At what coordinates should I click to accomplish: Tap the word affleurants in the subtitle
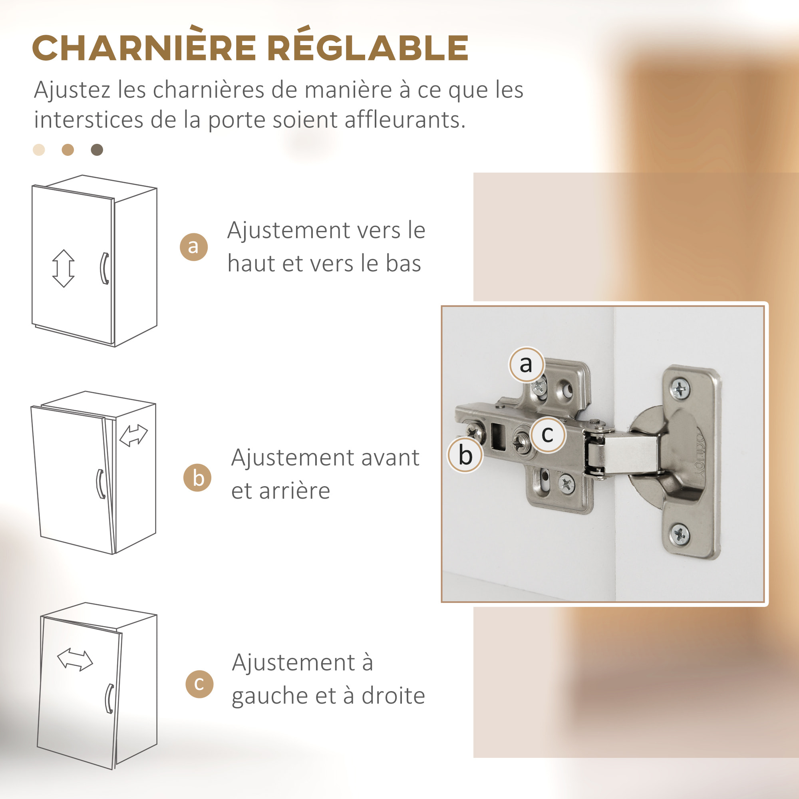pyautogui.click(x=405, y=120)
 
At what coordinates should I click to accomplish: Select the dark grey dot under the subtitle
pyautogui.click(x=97, y=150)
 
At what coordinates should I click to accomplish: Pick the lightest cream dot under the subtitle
pyautogui.click(x=39, y=150)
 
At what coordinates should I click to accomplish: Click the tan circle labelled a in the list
pyautogui.click(x=193, y=247)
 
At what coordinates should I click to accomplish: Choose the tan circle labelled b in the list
pyautogui.click(x=197, y=478)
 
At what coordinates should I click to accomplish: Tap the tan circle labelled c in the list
pyautogui.click(x=199, y=684)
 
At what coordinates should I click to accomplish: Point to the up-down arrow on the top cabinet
pyautogui.click(x=63, y=268)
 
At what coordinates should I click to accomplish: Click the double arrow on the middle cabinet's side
pyautogui.click(x=133, y=436)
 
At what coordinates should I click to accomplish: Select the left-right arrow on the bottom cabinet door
pyautogui.click(x=75, y=660)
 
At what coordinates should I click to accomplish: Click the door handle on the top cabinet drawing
pyautogui.click(x=105, y=268)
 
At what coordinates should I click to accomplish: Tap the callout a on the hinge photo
pyautogui.click(x=526, y=364)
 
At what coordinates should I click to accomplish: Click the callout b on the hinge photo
pyautogui.click(x=465, y=455)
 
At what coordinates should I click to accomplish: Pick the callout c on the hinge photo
pyautogui.click(x=548, y=435)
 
